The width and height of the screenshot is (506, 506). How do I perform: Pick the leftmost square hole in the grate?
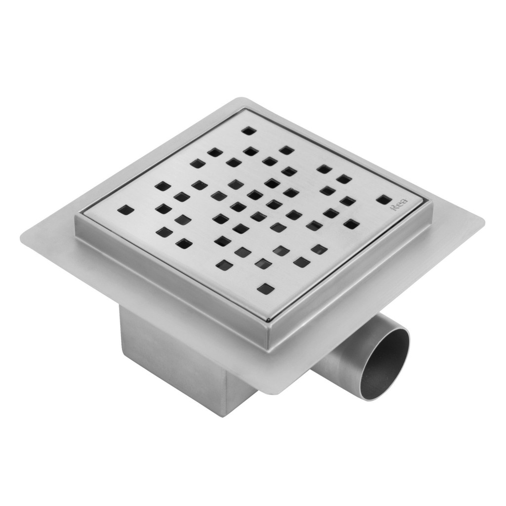click(x=127, y=210)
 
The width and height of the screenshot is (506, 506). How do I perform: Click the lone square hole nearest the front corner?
click(x=265, y=288)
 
